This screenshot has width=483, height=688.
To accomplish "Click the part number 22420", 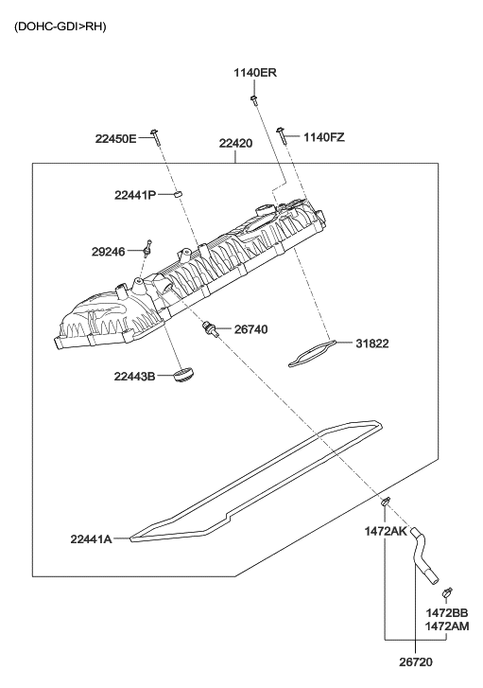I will click(235, 144).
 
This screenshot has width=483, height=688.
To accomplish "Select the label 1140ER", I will click(255, 73).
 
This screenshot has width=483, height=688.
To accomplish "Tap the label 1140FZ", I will click(323, 137).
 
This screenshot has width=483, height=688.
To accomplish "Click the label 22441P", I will click(134, 195).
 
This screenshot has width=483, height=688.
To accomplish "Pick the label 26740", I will click(250, 329).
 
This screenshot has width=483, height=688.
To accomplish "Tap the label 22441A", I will click(91, 538).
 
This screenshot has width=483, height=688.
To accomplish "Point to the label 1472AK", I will click(386, 532).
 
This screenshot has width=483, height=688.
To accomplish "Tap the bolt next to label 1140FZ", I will click(282, 132).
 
